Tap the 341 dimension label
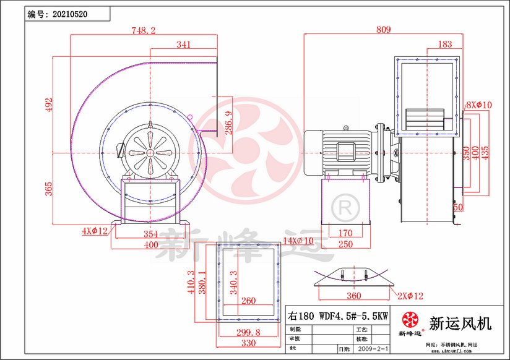pyautogui.click(x=183, y=45)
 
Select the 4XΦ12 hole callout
pyautogui.click(x=95, y=231)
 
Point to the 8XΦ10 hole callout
pyautogui.click(x=478, y=105)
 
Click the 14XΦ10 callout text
pyautogui.click(x=298, y=240)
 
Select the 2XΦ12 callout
pyautogui.click(x=409, y=296)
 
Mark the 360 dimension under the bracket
pyautogui.click(x=353, y=296)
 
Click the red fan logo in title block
pyautogui.click(x=410, y=320)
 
